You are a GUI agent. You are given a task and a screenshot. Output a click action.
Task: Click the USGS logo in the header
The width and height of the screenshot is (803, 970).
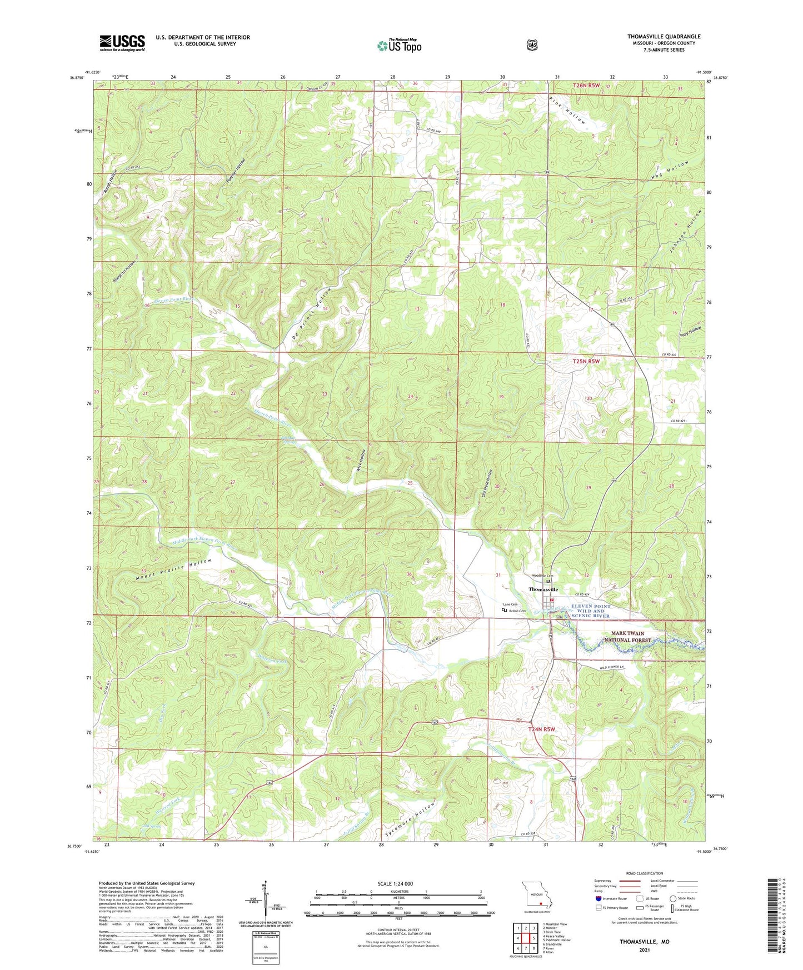coord(122,43)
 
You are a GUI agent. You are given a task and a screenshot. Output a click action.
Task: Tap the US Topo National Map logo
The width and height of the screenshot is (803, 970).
coord(399,45)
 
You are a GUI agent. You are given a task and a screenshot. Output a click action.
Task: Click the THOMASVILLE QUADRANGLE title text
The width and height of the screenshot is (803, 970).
coord(664,37)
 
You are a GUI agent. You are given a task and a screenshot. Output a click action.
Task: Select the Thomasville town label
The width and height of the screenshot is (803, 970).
coord(543,589)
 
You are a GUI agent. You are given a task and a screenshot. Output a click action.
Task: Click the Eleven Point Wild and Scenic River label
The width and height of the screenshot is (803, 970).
coord(590,611)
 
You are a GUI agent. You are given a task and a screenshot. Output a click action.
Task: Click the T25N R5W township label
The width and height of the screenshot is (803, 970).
coord(586,361)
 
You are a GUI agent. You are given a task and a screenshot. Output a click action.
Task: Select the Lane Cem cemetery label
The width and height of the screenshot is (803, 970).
coord(510,604)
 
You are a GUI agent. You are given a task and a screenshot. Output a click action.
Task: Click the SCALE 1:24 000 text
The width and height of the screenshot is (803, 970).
coord(395,883)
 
